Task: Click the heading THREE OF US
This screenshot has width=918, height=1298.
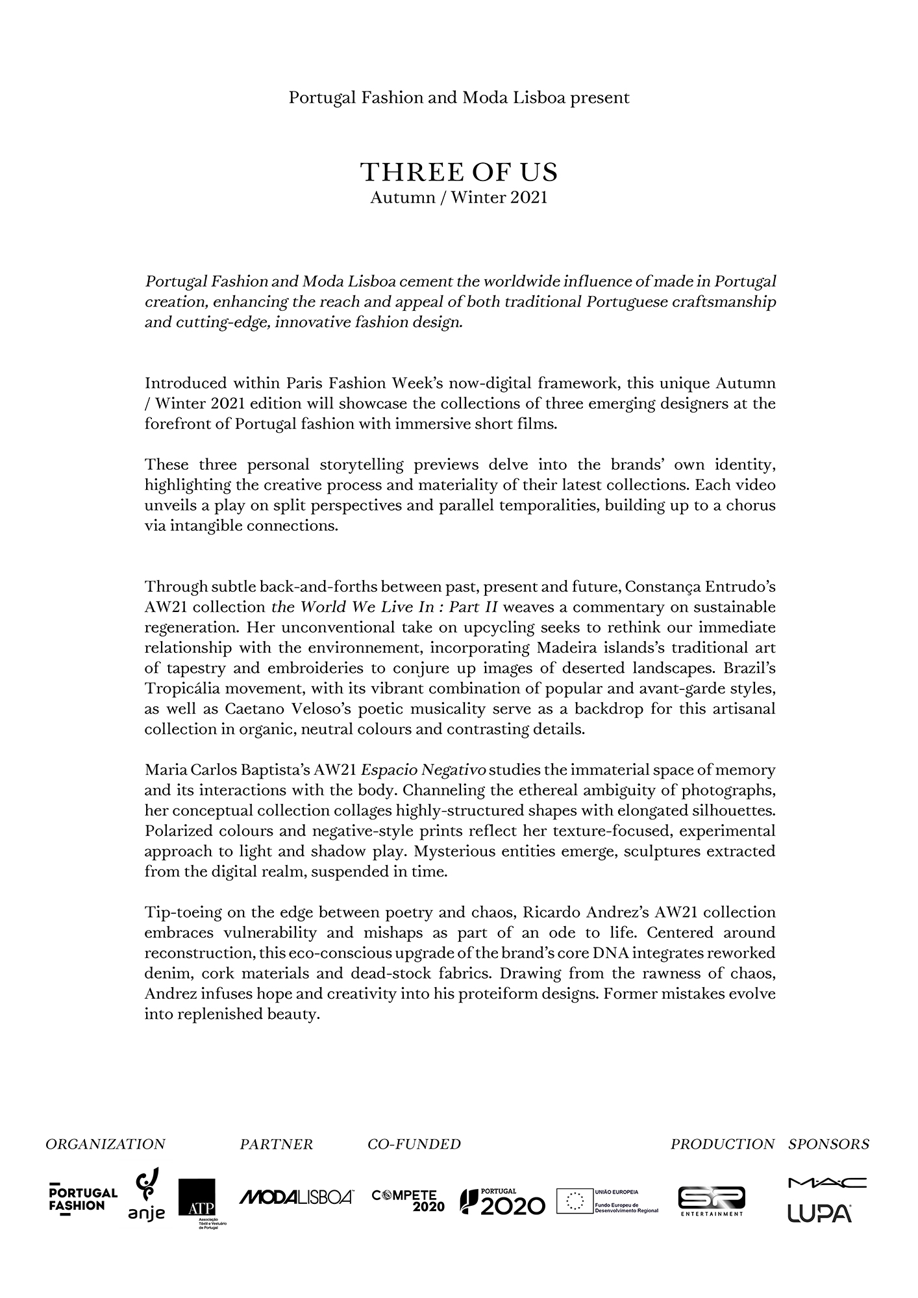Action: click(459, 173)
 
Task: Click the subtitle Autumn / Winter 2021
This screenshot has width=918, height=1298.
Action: click(459, 198)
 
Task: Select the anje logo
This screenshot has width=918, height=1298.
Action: click(146, 1195)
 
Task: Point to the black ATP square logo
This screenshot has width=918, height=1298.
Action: click(197, 1197)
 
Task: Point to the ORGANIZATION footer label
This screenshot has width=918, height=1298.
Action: click(105, 1144)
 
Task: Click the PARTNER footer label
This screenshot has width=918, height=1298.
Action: click(277, 1144)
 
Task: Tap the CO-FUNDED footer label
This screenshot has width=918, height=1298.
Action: click(414, 1144)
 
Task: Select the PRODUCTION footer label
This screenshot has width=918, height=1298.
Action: click(723, 1144)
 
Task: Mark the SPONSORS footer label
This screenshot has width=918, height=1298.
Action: click(829, 1144)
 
